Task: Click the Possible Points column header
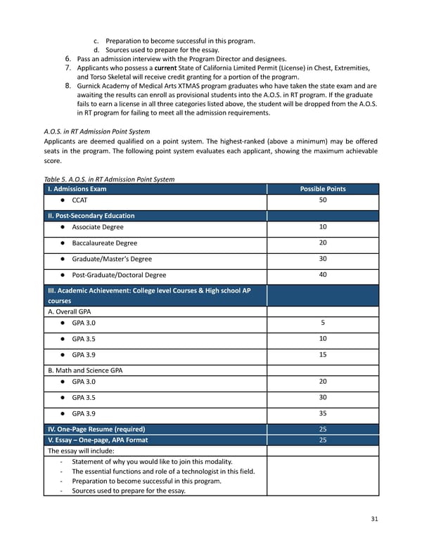322,189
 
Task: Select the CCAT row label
79,201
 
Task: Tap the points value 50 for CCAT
323,201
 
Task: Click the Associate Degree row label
97,227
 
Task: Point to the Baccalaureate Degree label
104,243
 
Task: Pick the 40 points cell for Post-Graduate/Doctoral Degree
323,275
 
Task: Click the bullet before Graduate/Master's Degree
63,259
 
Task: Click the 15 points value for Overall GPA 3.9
323,354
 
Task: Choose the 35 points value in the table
323,413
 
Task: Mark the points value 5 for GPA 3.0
323,323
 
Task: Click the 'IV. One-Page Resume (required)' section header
96,429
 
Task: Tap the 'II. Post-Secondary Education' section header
91,216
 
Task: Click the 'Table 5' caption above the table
109,179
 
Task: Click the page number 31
374,519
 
